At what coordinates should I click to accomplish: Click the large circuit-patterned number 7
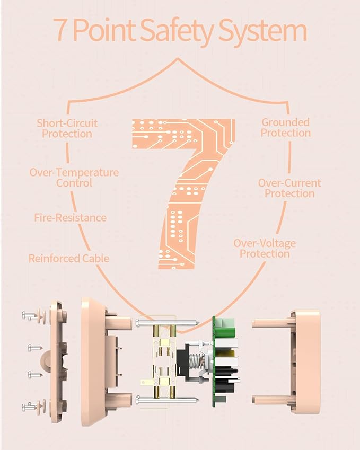click(183, 193)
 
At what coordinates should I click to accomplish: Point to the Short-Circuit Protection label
click(67, 129)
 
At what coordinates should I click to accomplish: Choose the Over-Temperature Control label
click(74, 178)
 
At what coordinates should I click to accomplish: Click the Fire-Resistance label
click(71, 217)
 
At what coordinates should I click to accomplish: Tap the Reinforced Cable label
click(69, 259)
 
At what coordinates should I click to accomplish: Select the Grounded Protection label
click(286, 127)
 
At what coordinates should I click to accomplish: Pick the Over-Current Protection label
click(289, 188)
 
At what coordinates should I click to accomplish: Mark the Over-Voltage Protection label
click(265, 249)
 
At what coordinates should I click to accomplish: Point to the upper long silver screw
click(168, 323)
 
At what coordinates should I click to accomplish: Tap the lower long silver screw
click(168, 399)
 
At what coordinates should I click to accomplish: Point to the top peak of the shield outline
click(178, 59)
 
